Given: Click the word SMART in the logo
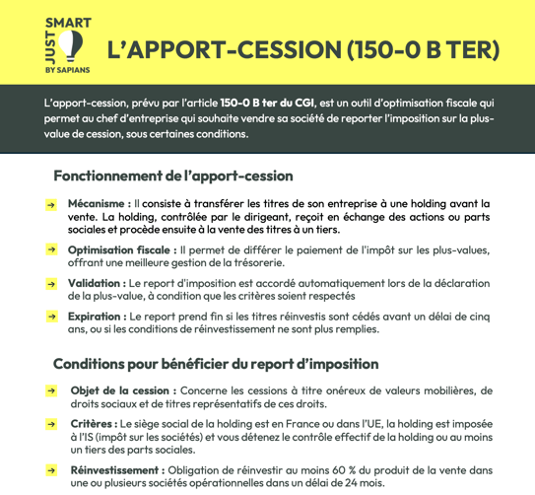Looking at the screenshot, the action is pyautogui.click(x=68, y=21).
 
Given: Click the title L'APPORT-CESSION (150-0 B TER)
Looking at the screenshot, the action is pyautogui.click(x=302, y=48).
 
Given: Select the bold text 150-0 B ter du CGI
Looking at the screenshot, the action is pyautogui.click(x=265, y=103).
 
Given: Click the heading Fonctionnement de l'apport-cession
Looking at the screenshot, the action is pyautogui.click(x=173, y=176).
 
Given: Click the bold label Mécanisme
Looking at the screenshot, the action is pyautogui.click(x=99, y=203).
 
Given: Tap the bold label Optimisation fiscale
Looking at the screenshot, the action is pyautogui.click(x=122, y=250).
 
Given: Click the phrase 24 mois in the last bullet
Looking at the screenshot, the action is pyautogui.click(x=364, y=483).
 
